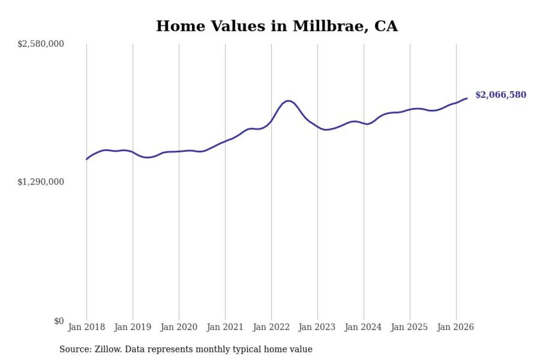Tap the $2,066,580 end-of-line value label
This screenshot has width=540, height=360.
click(x=501, y=95)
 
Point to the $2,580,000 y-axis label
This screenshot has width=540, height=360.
click(x=41, y=44)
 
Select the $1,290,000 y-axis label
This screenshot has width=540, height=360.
click(x=41, y=182)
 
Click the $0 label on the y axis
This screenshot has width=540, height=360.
click(x=59, y=321)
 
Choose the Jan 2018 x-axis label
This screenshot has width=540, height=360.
click(x=86, y=327)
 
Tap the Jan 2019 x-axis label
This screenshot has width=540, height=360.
click(x=133, y=327)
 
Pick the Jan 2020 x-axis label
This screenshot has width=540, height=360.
click(x=179, y=327)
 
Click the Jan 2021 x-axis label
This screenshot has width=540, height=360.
click(x=225, y=327)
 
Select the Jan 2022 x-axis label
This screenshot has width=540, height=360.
click(x=271, y=327)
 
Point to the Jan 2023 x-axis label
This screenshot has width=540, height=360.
click(x=317, y=327)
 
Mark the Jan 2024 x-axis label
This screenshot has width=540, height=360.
click(x=363, y=327)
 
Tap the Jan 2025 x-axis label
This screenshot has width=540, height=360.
click(x=409, y=327)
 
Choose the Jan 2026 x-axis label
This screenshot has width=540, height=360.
click(x=456, y=327)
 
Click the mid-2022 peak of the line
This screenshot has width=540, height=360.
click(x=288, y=101)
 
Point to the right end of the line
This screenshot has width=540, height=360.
click(x=467, y=98)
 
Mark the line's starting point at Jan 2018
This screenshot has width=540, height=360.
click(x=86, y=159)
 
